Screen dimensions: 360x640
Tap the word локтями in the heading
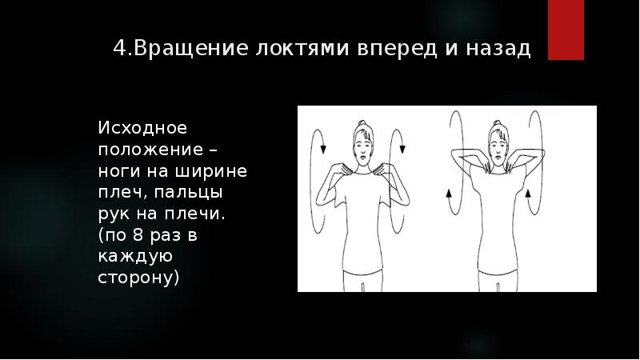point(289,49)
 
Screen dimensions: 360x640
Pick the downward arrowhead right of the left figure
point(402,146)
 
